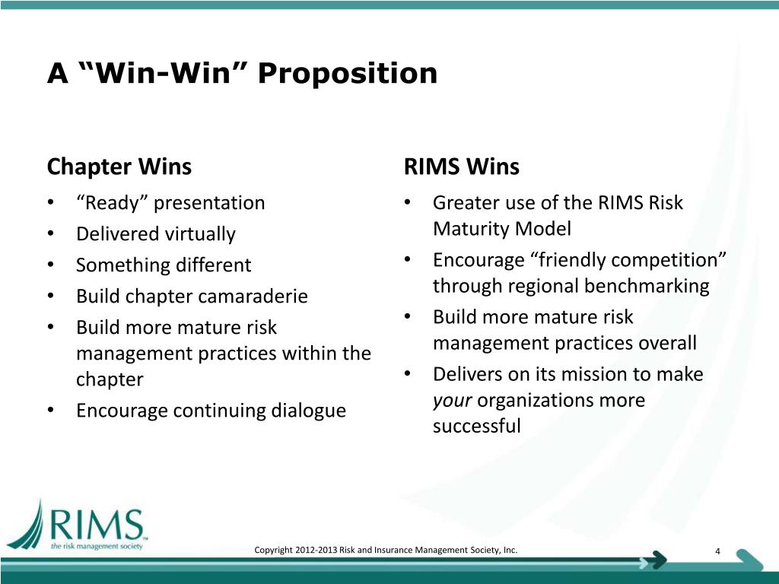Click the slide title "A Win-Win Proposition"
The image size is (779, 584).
(243, 75)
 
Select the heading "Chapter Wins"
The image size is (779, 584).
(119, 166)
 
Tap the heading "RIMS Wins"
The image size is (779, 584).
(462, 166)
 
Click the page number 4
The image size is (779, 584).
(718, 551)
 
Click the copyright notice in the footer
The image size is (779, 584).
(386, 550)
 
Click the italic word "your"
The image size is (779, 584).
(453, 401)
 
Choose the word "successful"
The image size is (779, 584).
(477, 427)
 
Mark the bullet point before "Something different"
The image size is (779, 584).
(50, 265)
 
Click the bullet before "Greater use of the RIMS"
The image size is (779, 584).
(409, 202)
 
